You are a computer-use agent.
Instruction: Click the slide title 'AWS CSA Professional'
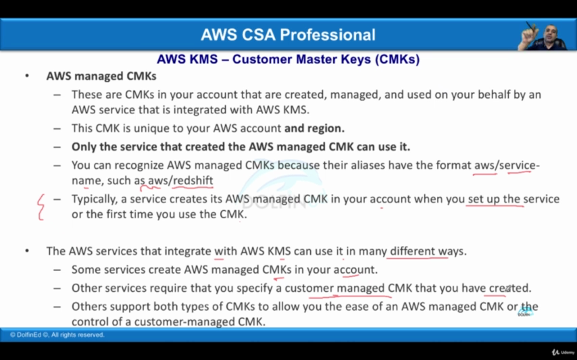coord(288,35)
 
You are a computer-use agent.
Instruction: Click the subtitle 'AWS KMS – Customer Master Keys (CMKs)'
coord(288,59)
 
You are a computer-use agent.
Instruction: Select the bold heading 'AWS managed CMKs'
coord(101,76)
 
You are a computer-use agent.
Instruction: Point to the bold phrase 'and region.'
coord(315,128)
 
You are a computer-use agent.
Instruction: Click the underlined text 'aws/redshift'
coord(180,180)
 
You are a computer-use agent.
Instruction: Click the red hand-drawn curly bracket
coord(41,207)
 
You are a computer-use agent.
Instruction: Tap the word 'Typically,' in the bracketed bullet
coord(95,199)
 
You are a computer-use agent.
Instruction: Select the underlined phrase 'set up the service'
coord(513,199)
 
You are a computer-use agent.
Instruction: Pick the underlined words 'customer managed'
coord(334,288)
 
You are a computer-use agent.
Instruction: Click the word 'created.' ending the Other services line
coord(510,288)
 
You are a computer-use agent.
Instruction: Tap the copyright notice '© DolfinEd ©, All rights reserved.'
coord(57,335)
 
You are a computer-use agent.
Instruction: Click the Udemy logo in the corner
coord(563,353)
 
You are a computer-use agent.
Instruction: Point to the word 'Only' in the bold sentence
coord(84,147)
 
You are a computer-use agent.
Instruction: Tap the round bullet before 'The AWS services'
coord(27,251)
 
